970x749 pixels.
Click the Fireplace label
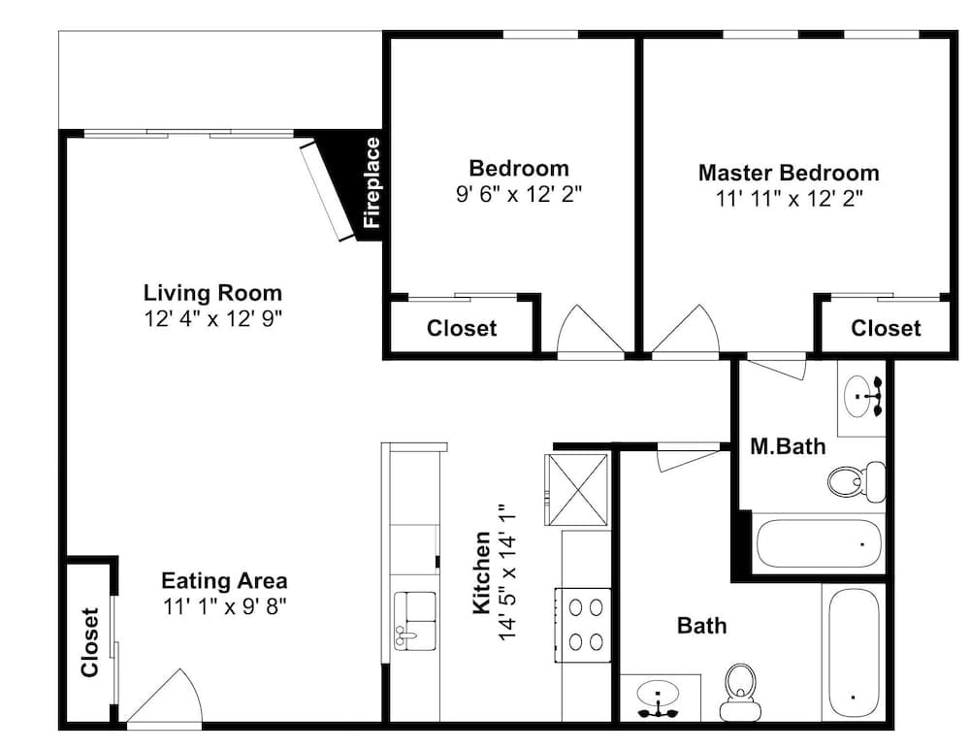tap(372, 182)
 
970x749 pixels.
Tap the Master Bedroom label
tap(789, 173)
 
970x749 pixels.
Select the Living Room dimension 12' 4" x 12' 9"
tap(212, 319)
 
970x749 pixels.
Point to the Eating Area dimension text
tap(225, 606)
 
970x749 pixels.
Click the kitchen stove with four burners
tap(583, 625)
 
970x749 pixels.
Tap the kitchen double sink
tap(415, 620)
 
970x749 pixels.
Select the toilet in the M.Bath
tap(857, 480)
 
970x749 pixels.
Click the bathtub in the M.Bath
tap(819, 543)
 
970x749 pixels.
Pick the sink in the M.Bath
tap(863, 396)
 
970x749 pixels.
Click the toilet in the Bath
tap(740, 692)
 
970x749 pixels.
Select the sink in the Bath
tap(659, 699)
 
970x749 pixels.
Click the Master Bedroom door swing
tap(686, 331)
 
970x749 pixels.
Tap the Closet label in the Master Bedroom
tap(886, 328)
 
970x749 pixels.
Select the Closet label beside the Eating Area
tap(90, 642)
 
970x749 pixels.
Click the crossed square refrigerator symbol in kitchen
tap(576, 490)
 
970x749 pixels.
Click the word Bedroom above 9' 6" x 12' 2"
tap(519, 169)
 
